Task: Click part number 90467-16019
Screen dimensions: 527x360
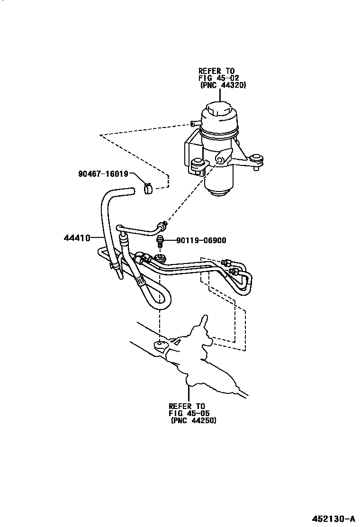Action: click(103, 174)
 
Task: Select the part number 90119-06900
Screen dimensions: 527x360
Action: click(201, 241)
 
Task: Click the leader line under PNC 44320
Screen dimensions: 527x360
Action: click(219, 95)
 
